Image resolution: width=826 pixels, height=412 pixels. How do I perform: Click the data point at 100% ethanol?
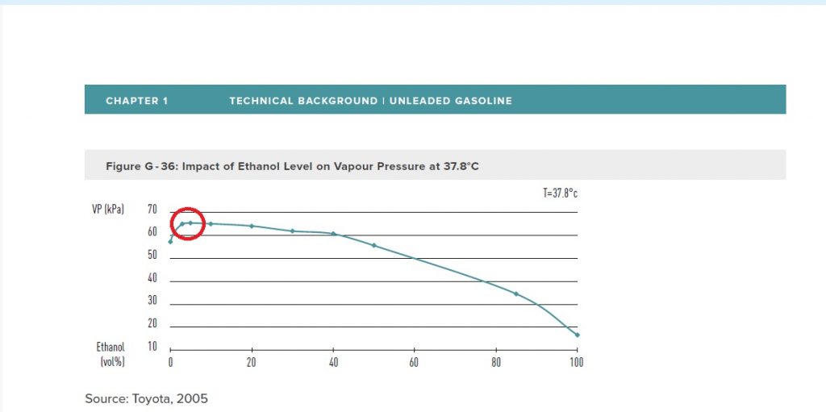tap(578, 335)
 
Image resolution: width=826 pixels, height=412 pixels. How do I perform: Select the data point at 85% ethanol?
tap(516, 293)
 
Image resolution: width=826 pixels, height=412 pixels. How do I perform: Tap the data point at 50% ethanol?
tap(374, 245)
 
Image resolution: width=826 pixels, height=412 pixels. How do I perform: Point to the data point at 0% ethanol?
tap(170, 242)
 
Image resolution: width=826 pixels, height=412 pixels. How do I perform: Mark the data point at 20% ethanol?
tap(252, 226)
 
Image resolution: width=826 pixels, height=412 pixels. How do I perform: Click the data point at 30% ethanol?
tap(292, 231)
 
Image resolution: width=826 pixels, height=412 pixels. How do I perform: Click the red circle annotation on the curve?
tap(188, 223)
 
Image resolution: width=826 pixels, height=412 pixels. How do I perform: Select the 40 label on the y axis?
tap(153, 278)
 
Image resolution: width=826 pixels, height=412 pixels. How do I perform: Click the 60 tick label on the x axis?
tap(415, 363)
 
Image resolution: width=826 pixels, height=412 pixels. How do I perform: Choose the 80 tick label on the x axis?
tap(496, 363)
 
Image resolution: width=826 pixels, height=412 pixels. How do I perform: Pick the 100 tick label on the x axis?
tap(576, 363)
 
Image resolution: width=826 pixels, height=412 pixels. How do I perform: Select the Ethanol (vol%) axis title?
tap(112, 355)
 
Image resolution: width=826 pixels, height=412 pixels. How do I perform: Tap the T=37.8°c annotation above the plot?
tap(561, 194)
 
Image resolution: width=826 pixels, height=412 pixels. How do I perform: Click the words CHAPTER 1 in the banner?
tap(137, 101)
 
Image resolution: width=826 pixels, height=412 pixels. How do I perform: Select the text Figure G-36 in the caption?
tap(140, 166)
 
